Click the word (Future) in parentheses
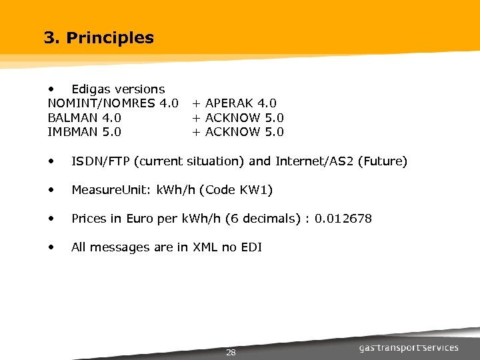click(382, 161)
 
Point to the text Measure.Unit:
click(111, 190)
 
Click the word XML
click(205, 247)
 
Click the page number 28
click(231, 352)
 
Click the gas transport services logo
click(408, 347)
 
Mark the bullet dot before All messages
click(51, 247)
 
